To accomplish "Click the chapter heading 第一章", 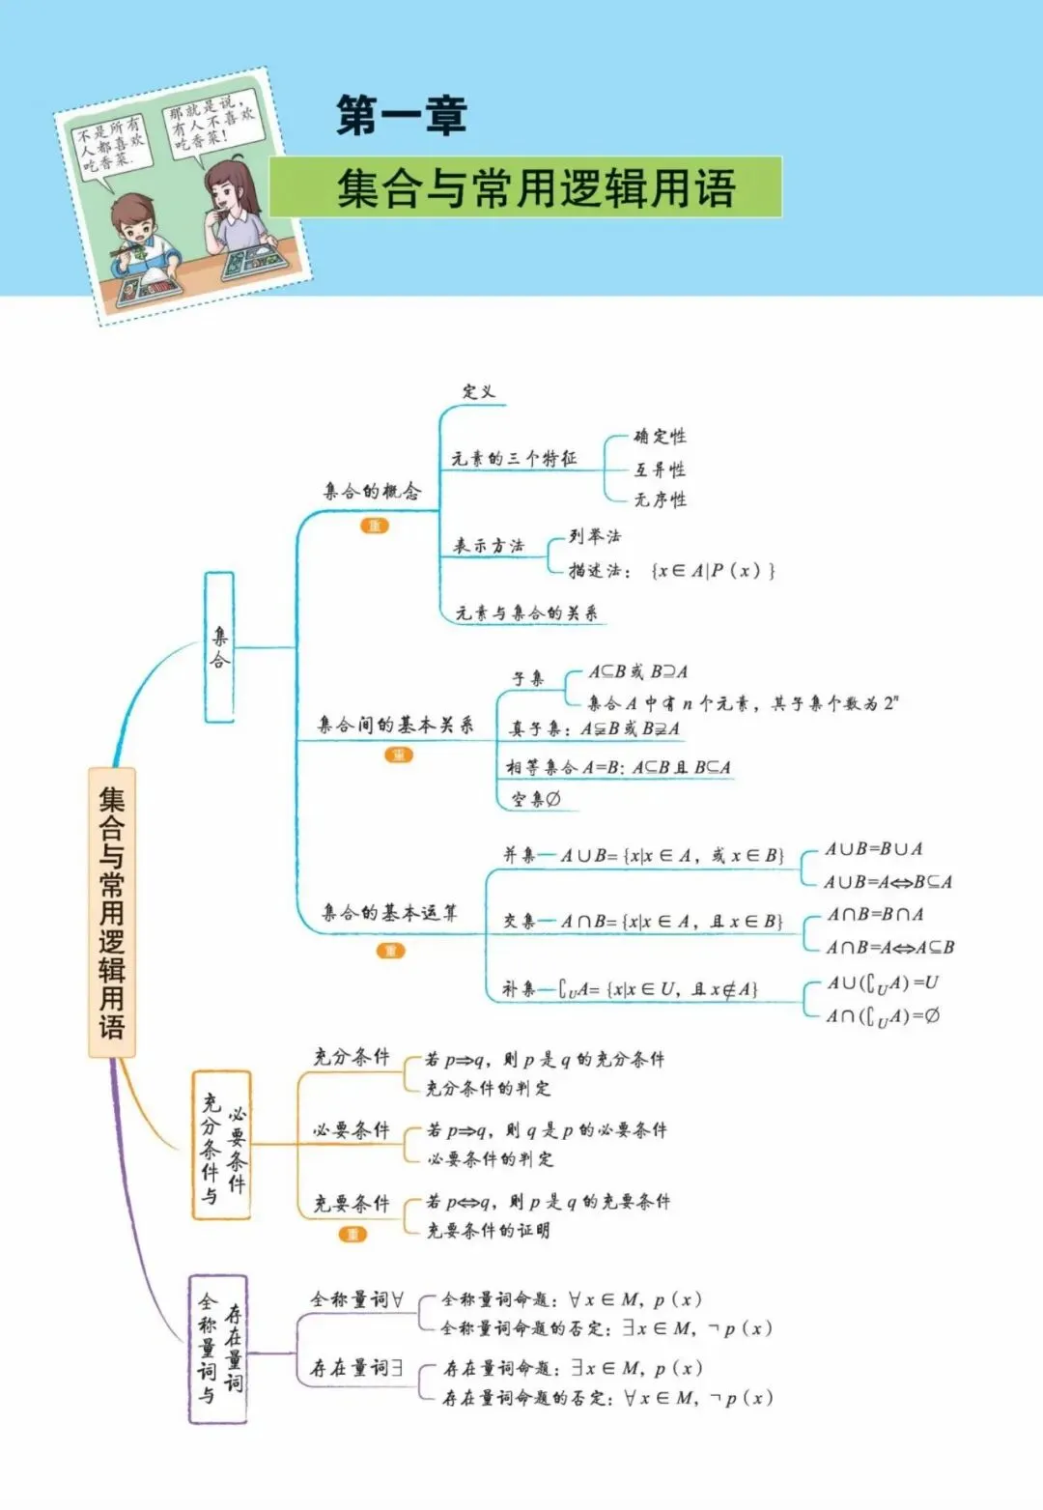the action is click(x=402, y=115).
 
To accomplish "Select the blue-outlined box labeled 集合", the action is click(x=219, y=647).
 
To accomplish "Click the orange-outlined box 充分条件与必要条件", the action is click(x=222, y=1146).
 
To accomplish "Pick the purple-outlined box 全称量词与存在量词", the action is click(x=217, y=1350).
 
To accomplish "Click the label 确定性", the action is click(x=660, y=436).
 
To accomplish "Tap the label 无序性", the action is click(x=660, y=499).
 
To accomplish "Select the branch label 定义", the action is click(x=478, y=391).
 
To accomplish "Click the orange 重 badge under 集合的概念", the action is click(x=375, y=526).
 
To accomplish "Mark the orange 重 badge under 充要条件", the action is click(x=352, y=1235).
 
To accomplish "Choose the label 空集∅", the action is click(x=536, y=800).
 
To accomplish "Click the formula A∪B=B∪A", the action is click(x=874, y=848).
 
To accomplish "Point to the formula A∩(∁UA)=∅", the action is click(x=883, y=1016).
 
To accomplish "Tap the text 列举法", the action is click(x=595, y=536).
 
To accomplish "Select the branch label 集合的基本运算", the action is click(x=389, y=913).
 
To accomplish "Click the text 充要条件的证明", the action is click(x=489, y=1230).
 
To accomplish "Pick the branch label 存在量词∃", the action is click(x=356, y=1368).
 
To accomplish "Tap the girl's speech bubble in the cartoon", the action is click(x=211, y=128).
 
